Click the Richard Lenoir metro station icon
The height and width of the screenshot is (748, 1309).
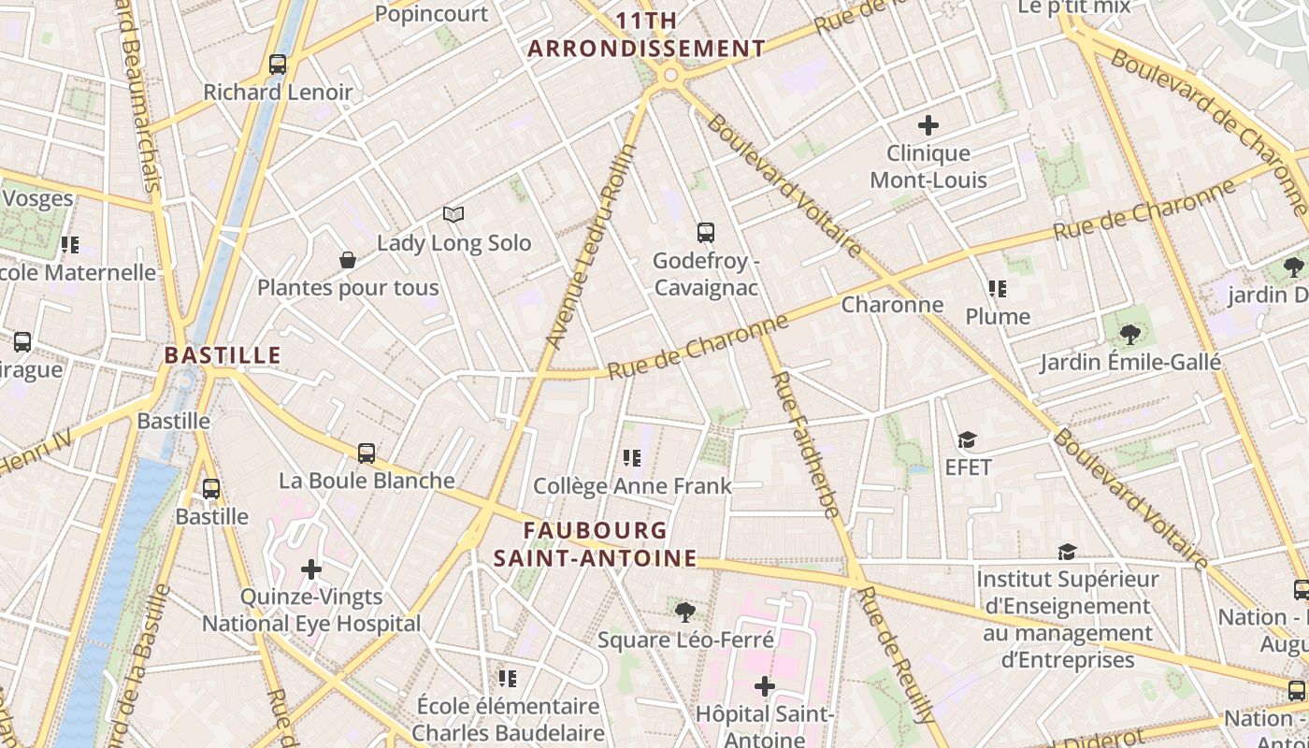point(278,65)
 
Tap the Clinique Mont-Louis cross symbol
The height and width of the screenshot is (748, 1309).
point(928,124)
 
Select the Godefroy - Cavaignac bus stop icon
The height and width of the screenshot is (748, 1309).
point(706,233)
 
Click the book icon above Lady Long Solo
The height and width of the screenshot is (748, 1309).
point(453,215)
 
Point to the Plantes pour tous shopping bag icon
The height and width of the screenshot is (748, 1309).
point(348,260)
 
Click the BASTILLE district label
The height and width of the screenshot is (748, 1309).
point(223,355)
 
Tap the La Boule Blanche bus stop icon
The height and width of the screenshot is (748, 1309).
point(367,453)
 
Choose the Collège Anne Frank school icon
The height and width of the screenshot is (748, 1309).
point(632,458)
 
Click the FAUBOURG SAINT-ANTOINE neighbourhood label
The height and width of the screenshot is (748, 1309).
point(596,544)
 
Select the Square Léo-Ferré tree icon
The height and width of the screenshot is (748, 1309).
point(685,612)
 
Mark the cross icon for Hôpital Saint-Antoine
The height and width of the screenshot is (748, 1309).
point(765,687)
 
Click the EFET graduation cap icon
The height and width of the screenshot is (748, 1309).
point(968,439)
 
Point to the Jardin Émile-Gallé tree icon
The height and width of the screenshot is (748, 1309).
point(1130,334)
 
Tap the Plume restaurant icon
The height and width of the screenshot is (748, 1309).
point(998,289)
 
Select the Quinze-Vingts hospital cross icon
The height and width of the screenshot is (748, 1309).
point(311,568)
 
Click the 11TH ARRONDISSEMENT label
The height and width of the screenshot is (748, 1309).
point(647,35)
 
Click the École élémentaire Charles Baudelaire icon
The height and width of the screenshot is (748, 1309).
point(508,678)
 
